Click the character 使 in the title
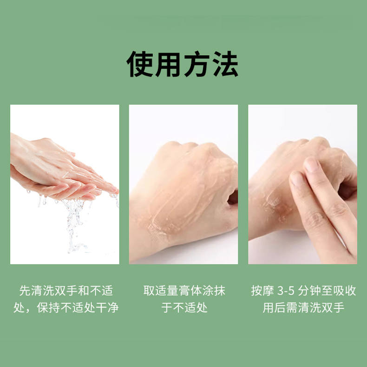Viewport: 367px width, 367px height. [140, 64]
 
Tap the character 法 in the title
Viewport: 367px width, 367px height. [226, 64]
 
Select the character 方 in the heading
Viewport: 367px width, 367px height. [197, 64]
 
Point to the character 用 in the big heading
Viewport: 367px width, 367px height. [169, 64]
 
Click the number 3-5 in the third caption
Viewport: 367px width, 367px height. [286, 291]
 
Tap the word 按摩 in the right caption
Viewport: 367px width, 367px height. [262, 291]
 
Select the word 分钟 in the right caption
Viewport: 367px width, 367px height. [309, 291]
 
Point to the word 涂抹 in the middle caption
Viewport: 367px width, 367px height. [213, 291]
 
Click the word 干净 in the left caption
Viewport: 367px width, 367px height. [107, 308]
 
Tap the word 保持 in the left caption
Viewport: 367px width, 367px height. [48, 308]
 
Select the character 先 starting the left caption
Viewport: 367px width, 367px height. [25, 291]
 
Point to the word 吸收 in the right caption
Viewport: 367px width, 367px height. [345, 291]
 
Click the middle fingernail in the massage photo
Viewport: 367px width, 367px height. [311, 165]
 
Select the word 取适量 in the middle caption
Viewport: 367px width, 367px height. [161, 291]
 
